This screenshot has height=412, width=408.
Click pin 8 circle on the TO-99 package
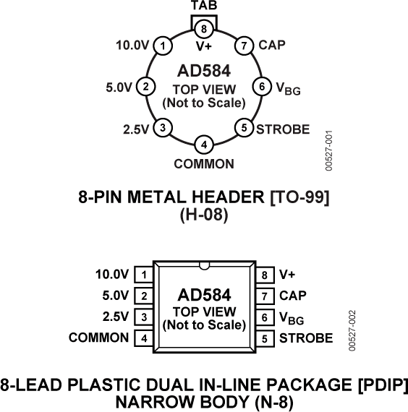point(204,29)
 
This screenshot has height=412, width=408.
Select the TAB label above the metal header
point(204,5)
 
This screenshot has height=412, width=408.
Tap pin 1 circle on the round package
point(163,46)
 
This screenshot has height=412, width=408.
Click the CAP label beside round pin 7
point(272,45)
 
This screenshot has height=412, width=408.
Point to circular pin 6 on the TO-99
point(262,87)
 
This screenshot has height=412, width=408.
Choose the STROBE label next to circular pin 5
point(283,129)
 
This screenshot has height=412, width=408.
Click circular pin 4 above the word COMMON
point(204,145)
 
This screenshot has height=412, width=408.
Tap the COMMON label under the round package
point(204,164)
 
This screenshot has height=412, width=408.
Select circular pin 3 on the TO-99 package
point(163,128)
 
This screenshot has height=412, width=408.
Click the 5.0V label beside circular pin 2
point(119,87)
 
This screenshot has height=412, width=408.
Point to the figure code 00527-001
point(329,150)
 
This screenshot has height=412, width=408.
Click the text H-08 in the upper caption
point(204,215)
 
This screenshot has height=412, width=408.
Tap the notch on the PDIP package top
point(204,266)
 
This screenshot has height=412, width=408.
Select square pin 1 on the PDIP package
point(144,275)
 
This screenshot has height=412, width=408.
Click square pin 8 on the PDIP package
point(265,275)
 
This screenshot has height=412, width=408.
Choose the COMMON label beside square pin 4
point(98,338)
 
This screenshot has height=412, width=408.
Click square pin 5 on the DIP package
point(265,338)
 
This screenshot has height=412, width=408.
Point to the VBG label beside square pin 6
point(292,318)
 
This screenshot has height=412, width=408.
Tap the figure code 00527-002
point(352,330)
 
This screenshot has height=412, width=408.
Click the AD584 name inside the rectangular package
point(205,295)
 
